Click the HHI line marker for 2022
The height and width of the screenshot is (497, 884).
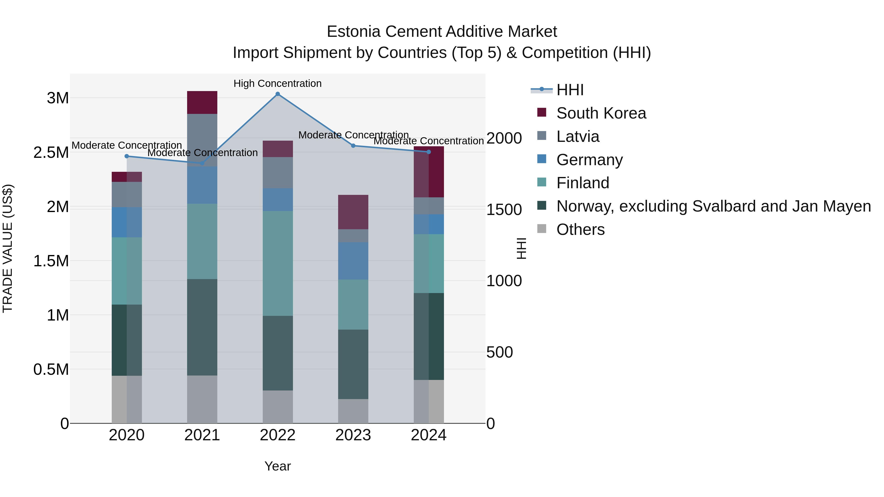[x=278, y=94]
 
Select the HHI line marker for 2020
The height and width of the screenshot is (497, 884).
[x=127, y=156]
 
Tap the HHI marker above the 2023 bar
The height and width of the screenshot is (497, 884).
[x=353, y=146]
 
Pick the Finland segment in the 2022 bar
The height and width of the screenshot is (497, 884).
[x=278, y=263]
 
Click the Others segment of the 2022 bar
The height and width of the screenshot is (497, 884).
[x=278, y=407]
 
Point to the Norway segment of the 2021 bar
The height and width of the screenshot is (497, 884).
[x=202, y=327]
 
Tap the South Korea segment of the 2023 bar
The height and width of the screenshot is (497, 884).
[x=353, y=212]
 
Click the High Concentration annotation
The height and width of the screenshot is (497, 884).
[x=278, y=84]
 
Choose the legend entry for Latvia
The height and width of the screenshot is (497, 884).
[x=578, y=136]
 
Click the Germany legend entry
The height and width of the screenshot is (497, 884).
[x=589, y=160]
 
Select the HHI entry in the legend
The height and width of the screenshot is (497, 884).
[x=570, y=90]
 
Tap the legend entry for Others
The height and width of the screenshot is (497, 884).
[x=580, y=229]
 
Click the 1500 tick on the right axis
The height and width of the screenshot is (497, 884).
[x=504, y=210]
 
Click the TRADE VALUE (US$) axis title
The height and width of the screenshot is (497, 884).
[x=8, y=248]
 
